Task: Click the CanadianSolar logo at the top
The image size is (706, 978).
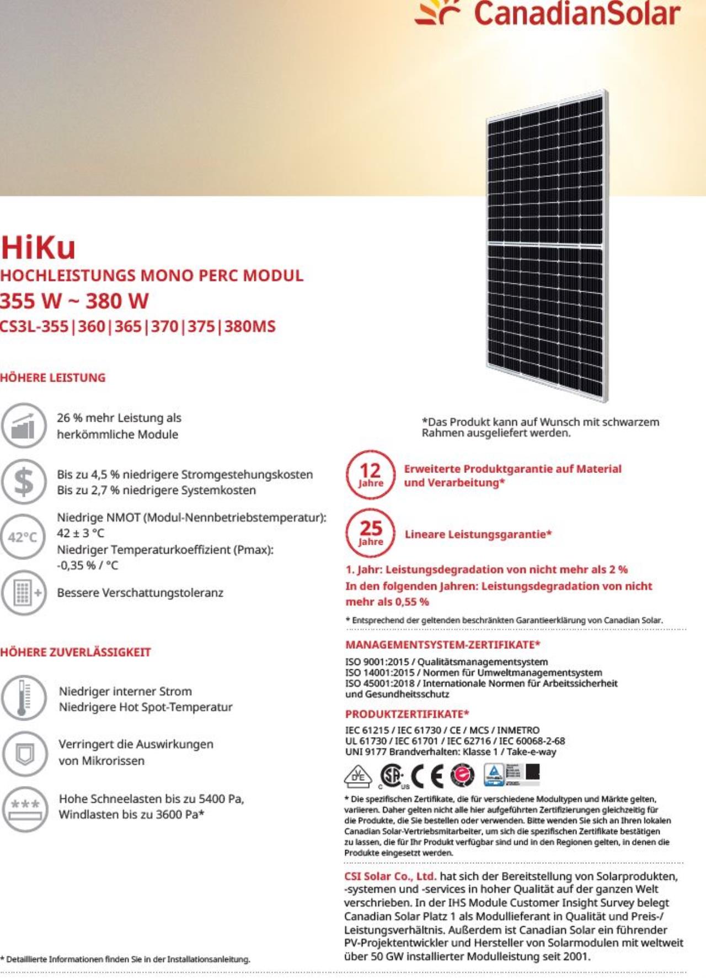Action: (548, 14)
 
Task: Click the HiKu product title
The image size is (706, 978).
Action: (38, 248)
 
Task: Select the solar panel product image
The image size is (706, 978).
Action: (547, 245)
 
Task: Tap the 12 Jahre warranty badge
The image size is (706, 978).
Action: (370, 475)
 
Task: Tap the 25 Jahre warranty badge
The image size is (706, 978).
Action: (370, 533)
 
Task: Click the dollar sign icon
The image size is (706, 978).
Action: (23, 481)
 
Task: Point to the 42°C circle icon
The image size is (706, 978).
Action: (23, 536)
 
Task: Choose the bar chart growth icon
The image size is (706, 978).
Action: (23, 426)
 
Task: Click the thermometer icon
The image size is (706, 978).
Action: (23, 697)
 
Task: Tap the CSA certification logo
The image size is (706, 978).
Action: (393, 776)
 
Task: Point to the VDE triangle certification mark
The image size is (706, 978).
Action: (358, 776)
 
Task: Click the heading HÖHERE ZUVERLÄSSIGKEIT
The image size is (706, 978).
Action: (76, 652)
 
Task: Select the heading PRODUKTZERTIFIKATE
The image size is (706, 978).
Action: (407, 714)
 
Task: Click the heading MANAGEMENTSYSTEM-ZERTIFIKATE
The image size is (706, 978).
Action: (442, 644)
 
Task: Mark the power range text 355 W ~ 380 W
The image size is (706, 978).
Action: (74, 301)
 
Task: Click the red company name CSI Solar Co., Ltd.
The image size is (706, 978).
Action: (390, 876)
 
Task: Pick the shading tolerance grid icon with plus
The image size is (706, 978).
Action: (23, 593)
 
